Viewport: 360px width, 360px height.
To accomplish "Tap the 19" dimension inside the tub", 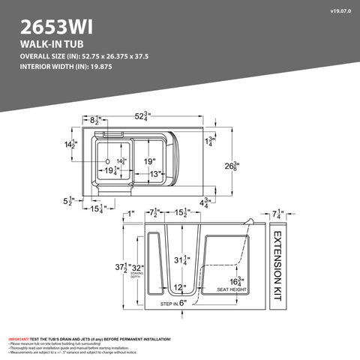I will click(x=150, y=161).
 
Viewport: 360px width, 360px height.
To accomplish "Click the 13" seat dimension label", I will click(x=156, y=174).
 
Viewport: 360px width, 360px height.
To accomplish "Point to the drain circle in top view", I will click(x=108, y=161).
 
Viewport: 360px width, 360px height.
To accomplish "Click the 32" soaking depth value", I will click(x=137, y=268).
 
